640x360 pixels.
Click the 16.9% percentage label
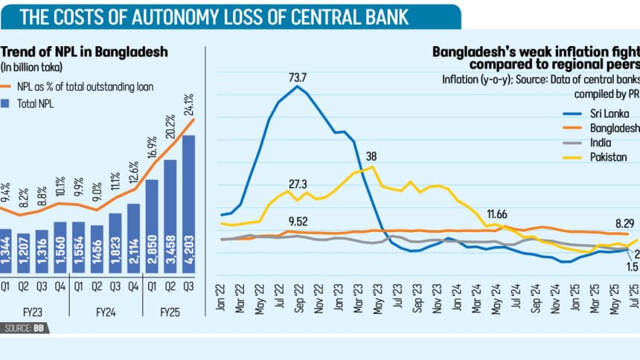tap(153, 148)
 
